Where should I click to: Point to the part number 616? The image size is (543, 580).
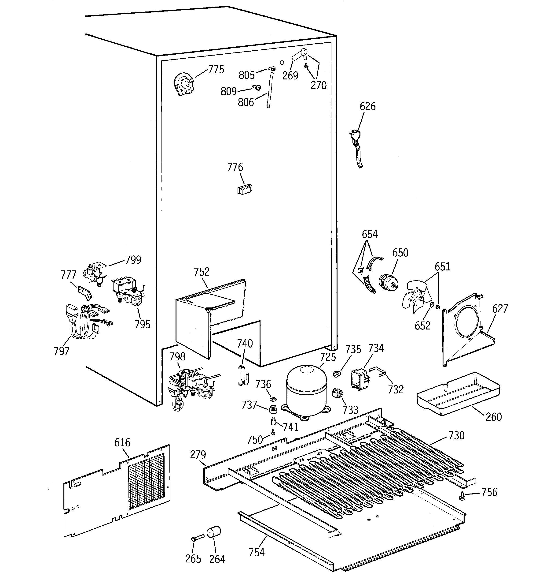pyautogui.click(x=122, y=443)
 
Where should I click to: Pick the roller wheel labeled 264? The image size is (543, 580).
pyautogui.click(x=214, y=532)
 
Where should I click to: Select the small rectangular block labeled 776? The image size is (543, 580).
pyautogui.click(x=245, y=189)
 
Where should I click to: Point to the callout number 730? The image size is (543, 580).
pyautogui.click(x=456, y=436)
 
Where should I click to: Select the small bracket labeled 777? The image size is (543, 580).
pyautogui.click(x=85, y=293)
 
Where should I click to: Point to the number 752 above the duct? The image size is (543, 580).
pyautogui.click(x=202, y=272)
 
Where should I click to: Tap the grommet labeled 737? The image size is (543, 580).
pyautogui.click(x=273, y=409)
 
